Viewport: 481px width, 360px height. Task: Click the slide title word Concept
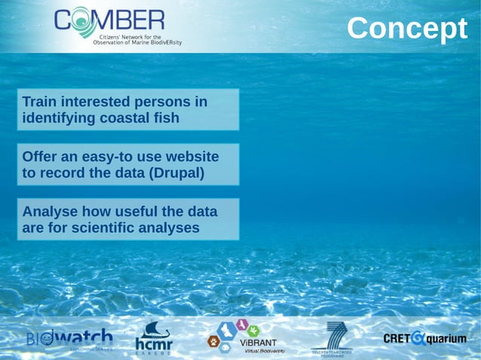tap(407, 29)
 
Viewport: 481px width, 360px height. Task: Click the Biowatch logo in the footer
tap(69, 338)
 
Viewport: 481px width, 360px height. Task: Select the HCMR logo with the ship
tap(154, 337)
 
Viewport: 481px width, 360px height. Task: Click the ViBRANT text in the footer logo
tap(259, 343)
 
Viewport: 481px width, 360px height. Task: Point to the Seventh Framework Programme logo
tap(332, 337)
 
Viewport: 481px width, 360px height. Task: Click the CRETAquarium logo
tap(424, 338)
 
